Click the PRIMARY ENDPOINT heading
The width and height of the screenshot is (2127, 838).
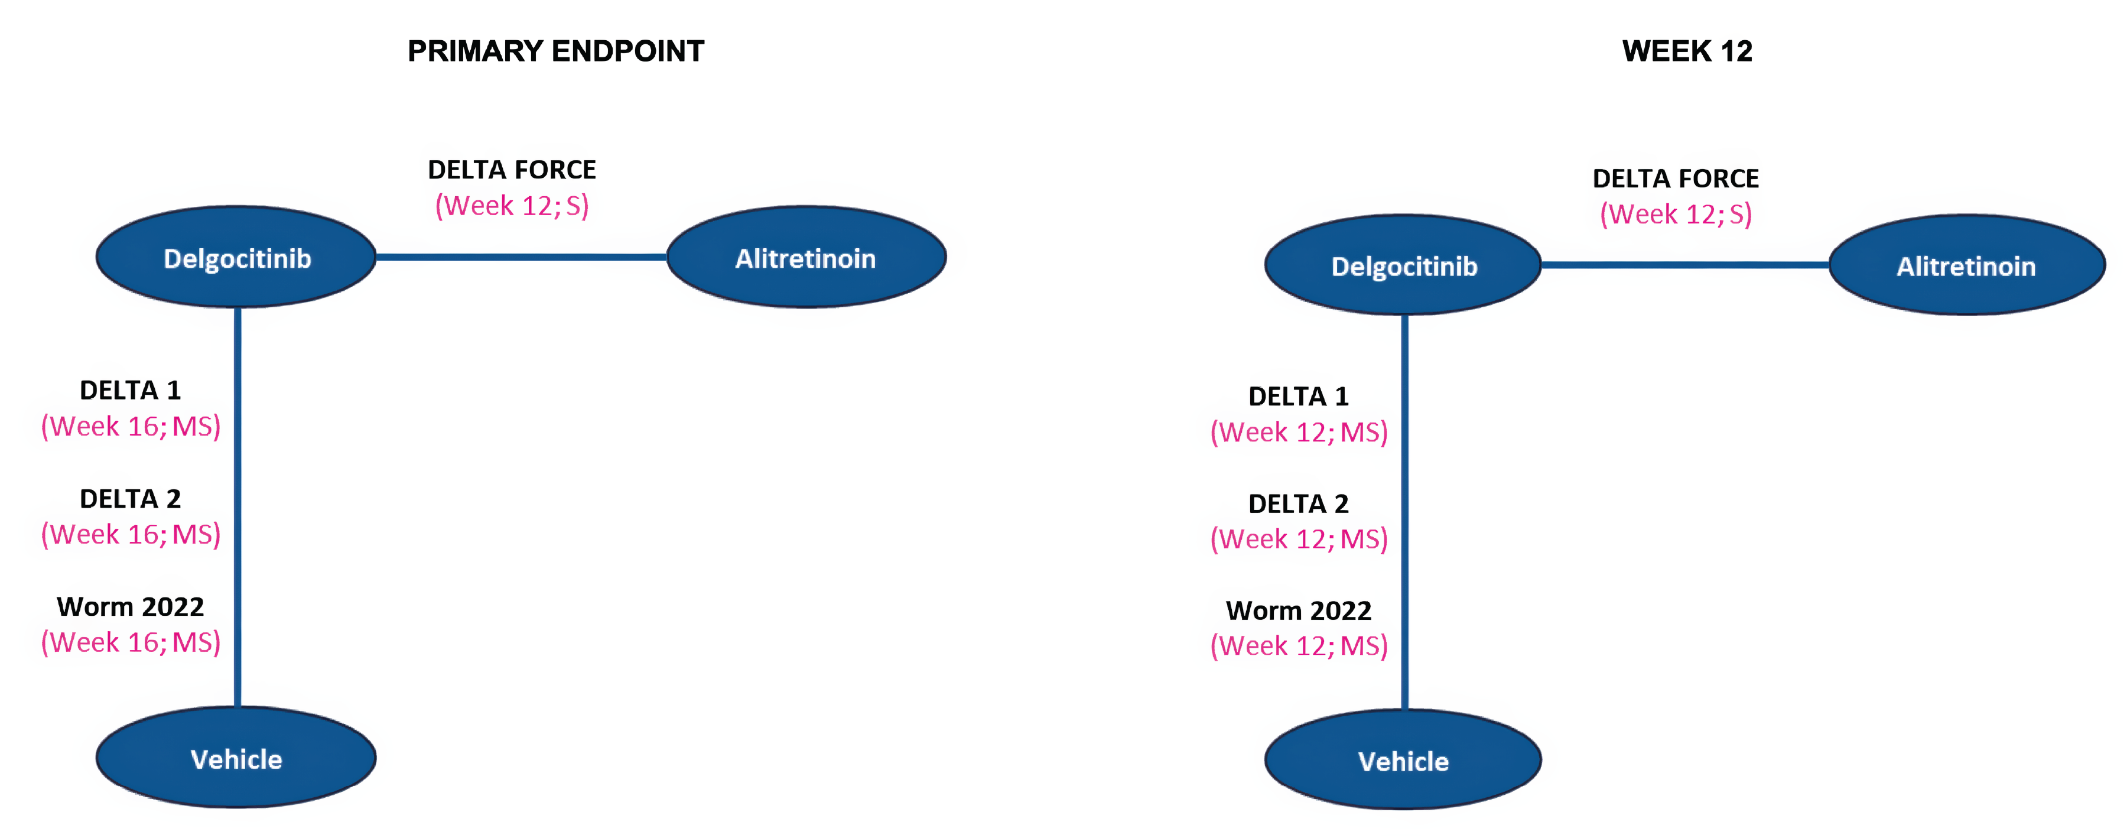(556, 51)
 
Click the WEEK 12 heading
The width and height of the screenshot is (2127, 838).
(1686, 51)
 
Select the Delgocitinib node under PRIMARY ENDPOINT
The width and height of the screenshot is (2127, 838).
(237, 258)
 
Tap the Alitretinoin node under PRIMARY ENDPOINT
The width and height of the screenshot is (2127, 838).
(805, 258)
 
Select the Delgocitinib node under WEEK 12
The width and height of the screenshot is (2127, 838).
(1404, 266)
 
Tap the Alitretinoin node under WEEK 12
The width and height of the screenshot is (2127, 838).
(1966, 266)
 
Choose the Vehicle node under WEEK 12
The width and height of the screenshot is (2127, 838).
(1404, 761)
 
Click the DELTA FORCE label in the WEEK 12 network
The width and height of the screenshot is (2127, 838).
(1676, 178)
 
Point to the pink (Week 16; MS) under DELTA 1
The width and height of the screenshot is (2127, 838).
(131, 426)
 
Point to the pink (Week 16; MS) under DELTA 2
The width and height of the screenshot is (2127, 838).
(131, 534)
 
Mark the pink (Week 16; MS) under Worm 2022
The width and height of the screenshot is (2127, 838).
(131, 642)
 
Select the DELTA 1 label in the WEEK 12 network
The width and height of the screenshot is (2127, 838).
(1299, 397)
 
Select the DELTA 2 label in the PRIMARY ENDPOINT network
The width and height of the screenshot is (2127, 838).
(131, 499)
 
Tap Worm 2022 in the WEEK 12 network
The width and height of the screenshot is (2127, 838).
(1299, 610)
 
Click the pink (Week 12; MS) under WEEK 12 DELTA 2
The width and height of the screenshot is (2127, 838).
(1299, 539)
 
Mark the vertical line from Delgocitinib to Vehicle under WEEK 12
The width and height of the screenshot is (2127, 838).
(1404, 512)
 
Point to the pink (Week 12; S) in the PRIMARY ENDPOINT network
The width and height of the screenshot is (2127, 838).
(512, 206)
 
